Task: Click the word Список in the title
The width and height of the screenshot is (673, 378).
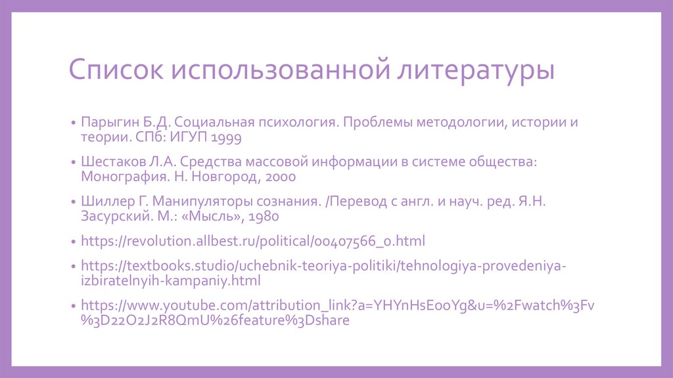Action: [116, 70]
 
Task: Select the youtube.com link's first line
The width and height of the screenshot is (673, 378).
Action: [337, 306]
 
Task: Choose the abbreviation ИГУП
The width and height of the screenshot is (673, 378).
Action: [191, 138]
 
